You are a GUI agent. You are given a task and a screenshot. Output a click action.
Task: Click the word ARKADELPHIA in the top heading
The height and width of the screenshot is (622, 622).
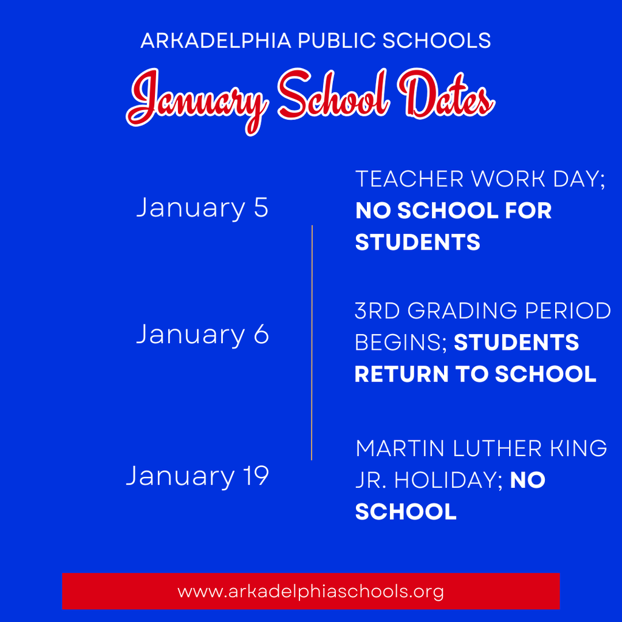point(216,41)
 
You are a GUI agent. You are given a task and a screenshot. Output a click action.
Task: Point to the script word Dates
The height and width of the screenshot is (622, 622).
point(446,94)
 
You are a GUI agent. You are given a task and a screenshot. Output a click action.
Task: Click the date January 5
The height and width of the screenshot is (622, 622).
point(202,208)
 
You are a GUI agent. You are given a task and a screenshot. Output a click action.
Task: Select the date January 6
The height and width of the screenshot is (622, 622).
point(202,335)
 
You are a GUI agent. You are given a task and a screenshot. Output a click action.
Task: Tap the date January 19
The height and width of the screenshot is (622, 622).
point(197,476)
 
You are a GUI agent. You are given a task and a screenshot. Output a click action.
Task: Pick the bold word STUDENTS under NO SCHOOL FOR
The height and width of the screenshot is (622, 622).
point(418,242)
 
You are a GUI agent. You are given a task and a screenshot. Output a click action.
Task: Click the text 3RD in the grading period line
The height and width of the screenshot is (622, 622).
point(377,310)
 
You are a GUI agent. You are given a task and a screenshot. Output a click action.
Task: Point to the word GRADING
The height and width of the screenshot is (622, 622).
point(462,310)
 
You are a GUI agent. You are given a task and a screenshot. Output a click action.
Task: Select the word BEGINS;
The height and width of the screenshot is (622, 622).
point(401,343)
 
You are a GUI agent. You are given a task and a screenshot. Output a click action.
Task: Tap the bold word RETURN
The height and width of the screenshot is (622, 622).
point(402,374)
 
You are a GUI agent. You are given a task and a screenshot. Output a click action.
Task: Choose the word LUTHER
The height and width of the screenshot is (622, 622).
point(497,448)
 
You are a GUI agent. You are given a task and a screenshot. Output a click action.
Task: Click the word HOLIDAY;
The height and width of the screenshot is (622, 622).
point(449,480)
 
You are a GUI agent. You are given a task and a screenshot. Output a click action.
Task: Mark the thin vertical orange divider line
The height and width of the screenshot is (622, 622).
point(312,343)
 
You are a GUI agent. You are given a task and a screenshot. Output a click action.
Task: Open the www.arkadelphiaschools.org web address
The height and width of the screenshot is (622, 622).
point(310,592)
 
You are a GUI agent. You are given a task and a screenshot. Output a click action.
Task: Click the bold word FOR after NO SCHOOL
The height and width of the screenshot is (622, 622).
point(528,210)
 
